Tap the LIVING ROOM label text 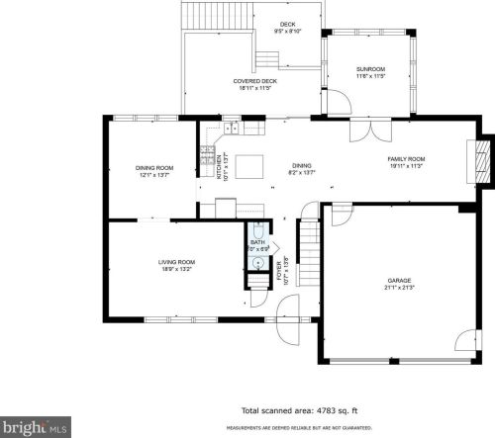tap(176, 262)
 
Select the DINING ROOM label tap(154, 168)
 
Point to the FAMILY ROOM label tap(405, 159)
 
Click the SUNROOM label tap(369, 69)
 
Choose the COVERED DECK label tap(254, 81)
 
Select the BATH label tap(257, 242)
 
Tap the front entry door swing tap(288, 331)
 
